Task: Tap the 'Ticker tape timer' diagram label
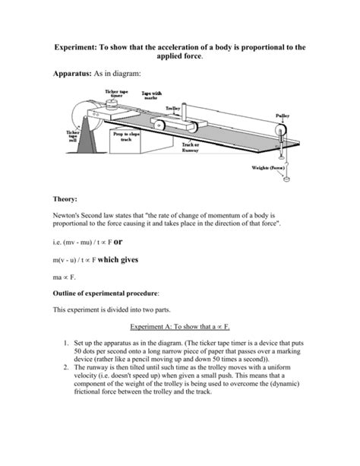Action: pyautogui.click(x=116, y=94)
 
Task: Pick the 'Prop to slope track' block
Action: pyautogui.click(x=124, y=138)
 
